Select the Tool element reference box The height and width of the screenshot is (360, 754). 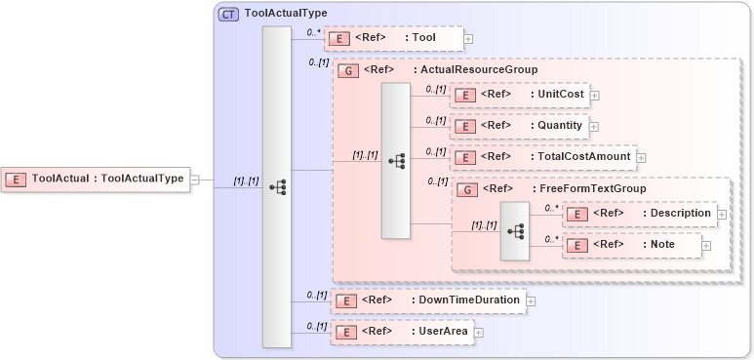click(x=393, y=38)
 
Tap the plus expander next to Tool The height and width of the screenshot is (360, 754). click(x=469, y=39)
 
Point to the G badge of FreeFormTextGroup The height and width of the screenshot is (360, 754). click(x=467, y=188)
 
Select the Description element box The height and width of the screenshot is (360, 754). click(x=641, y=213)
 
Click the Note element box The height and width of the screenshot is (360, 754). click(x=632, y=245)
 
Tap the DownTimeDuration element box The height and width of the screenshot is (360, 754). click(x=428, y=300)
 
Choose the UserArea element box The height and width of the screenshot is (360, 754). click(x=401, y=333)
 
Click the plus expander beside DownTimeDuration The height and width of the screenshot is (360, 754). click(x=532, y=301)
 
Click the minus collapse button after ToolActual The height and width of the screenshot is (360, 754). click(x=195, y=180)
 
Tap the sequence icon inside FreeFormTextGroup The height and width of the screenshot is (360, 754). click(x=516, y=231)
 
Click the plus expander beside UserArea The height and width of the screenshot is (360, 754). click(x=479, y=334)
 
